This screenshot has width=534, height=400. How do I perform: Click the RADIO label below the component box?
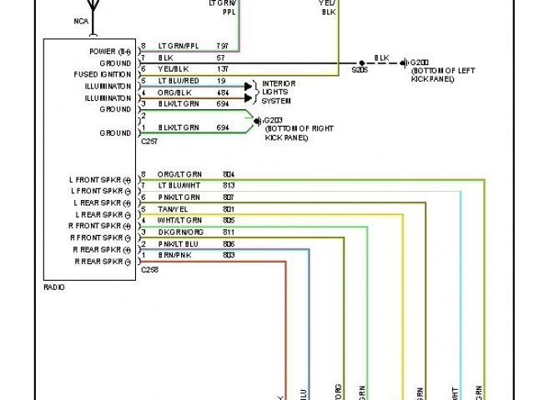click(53, 287)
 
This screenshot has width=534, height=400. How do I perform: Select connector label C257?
click(149, 142)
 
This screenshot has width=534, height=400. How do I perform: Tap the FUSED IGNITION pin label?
click(101, 74)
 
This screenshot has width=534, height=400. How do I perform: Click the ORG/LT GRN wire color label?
click(174, 174)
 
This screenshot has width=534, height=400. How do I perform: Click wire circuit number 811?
click(229, 232)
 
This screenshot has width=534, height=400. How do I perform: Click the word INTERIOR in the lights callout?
click(279, 84)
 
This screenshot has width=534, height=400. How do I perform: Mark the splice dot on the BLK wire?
click(360, 62)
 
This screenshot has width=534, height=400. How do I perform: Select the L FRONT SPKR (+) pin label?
click(99, 179)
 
